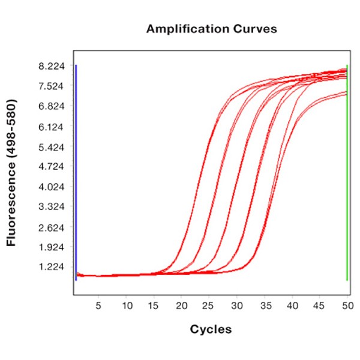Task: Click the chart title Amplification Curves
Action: pos(212,29)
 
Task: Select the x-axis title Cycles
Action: pos(211,329)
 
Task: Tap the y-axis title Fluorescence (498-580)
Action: pos(11,173)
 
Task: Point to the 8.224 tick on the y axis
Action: pos(51,66)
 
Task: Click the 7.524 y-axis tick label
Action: pos(51,86)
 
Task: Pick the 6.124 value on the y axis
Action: pos(51,127)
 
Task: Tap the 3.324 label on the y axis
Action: pos(51,207)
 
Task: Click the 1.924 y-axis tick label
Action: pos(51,247)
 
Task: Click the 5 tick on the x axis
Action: pos(98,305)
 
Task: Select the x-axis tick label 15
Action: pos(154,305)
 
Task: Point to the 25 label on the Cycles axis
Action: pos(209,305)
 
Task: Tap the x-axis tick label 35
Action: pos(265,305)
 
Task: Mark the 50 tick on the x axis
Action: pos(347,305)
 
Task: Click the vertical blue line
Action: pos(76,174)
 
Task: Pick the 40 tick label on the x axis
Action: pos(292,305)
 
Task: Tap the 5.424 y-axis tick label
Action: pos(51,147)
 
